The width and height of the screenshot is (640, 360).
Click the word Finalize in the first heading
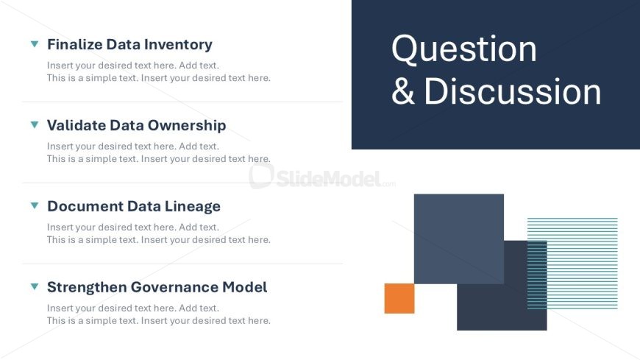click(75, 44)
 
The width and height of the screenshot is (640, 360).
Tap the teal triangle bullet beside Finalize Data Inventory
click(35, 43)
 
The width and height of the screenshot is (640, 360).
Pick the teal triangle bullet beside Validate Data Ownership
click(35, 124)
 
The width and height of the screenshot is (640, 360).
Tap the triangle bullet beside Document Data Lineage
click(35, 205)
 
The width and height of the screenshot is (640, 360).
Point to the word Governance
click(174, 287)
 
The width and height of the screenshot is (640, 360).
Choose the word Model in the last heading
click(245, 287)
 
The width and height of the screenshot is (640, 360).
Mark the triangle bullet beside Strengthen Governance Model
click(35, 286)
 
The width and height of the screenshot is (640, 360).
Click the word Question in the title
click(464, 49)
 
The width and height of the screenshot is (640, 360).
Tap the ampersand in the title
click(403, 91)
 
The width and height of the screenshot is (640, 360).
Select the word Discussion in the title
click(513, 91)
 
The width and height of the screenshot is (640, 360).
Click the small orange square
click(399, 299)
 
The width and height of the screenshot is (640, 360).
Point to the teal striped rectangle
click(572, 263)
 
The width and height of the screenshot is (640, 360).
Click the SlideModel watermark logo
click(322, 177)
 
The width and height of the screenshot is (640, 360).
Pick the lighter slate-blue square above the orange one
click(459, 239)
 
